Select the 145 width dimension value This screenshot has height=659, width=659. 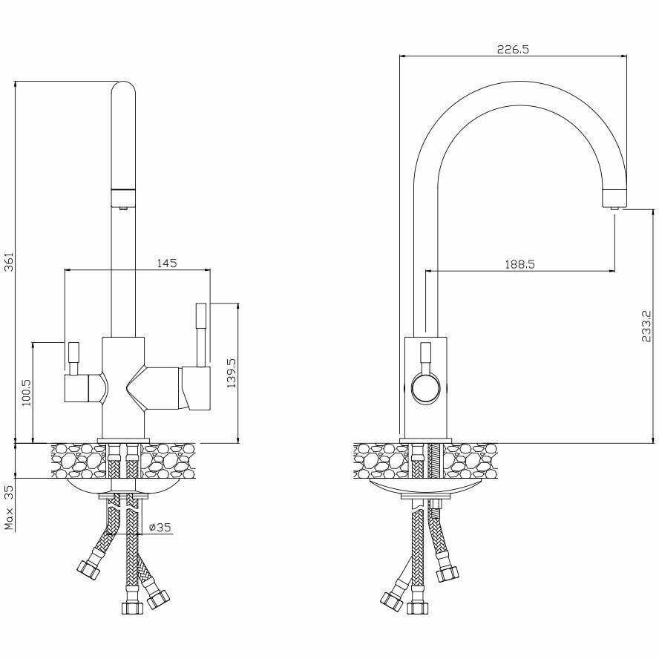point(165,263)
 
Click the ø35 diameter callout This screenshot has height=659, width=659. point(160,528)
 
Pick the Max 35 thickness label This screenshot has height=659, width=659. point(10,508)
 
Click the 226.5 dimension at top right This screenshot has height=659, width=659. point(513,50)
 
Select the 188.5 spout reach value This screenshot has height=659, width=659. point(520,264)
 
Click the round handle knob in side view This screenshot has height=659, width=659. point(426,388)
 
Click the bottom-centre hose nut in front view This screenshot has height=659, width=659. point(131,607)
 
